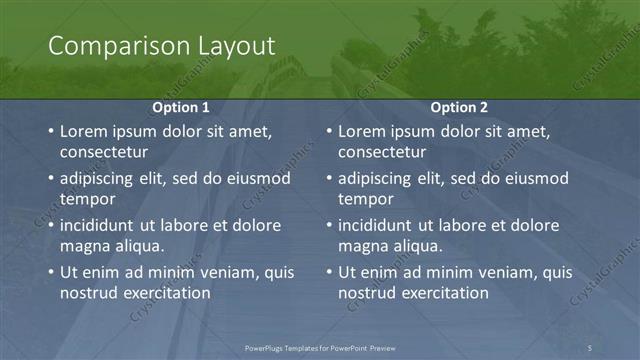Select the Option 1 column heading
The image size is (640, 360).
181,106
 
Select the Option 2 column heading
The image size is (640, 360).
460,106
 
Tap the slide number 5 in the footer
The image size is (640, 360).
590,347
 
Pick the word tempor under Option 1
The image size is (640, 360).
85,199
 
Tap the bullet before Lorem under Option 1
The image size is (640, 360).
51,132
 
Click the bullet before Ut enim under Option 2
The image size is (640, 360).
329,273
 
